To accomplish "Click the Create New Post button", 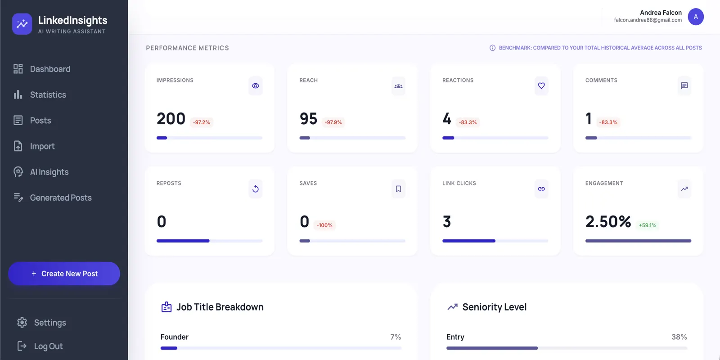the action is [x=64, y=274].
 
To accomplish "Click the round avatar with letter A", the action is [x=696, y=17].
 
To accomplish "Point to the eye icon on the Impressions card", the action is [x=256, y=86].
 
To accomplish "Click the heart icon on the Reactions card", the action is [x=541, y=86].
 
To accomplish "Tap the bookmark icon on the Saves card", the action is [x=399, y=189].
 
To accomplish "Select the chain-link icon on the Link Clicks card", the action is [x=541, y=189].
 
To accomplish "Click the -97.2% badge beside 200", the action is [x=201, y=122].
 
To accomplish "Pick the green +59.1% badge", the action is [x=648, y=225].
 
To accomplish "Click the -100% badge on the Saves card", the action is [x=324, y=225].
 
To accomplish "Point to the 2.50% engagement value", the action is [x=608, y=221].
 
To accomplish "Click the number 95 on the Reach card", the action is [x=308, y=118].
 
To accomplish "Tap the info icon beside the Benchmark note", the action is [x=492, y=48].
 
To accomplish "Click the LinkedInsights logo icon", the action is [x=22, y=24].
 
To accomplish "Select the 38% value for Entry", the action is [x=679, y=337].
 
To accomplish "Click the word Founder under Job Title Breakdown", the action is [x=175, y=337].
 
